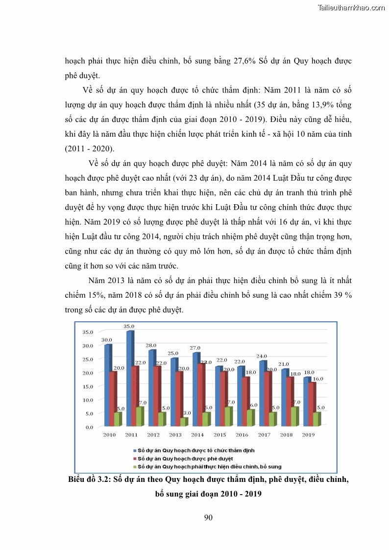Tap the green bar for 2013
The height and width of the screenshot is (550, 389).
(182, 422)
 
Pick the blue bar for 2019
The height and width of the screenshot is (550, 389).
(307, 401)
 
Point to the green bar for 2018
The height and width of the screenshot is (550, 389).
(294, 416)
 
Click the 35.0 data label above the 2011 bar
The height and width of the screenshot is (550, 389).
(129, 326)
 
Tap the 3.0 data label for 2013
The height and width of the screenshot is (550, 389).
(187, 413)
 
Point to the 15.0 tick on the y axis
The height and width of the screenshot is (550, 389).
(87, 386)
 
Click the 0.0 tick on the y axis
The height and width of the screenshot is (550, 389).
(89, 427)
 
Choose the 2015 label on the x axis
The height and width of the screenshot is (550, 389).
(219, 435)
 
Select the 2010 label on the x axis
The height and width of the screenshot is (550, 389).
(109, 435)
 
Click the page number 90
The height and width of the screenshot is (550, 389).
(208, 517)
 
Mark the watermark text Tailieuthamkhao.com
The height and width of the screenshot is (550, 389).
(351, 8)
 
